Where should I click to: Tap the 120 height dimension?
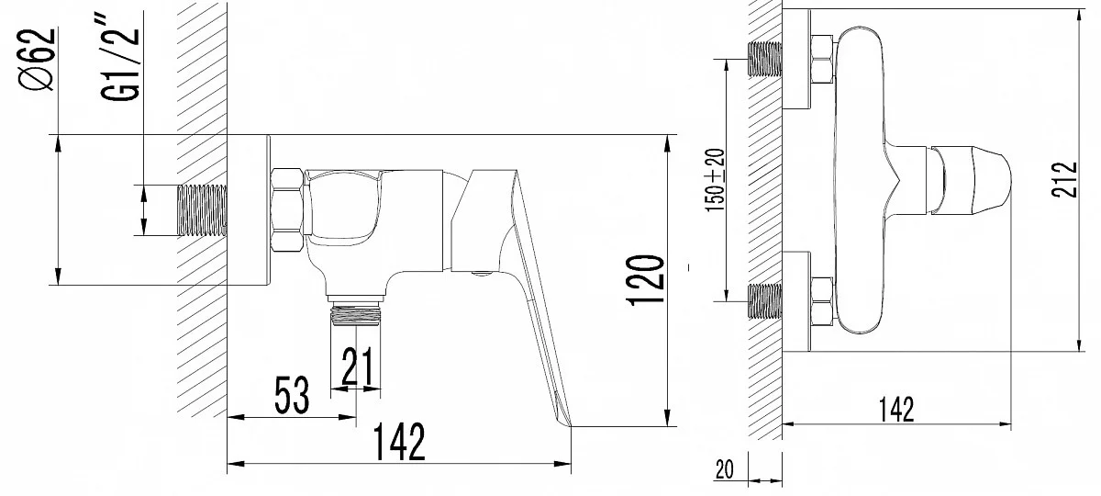coord(646,280)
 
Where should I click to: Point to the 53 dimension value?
coord(292,396)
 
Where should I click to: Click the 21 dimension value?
coord(356,368)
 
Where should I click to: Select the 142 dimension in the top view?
coord(895,409)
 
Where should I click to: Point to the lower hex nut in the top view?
coord(821,299)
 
